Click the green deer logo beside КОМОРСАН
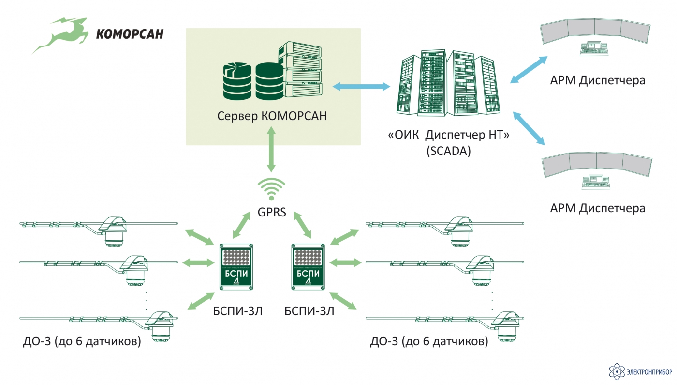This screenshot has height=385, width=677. pos(60,34)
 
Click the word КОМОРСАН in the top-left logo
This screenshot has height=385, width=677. pos(130,34)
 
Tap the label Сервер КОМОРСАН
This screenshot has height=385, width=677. pos(272,116)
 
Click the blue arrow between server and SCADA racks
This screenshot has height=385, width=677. pos(362,87)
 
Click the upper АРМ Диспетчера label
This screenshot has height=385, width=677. pos(597,80)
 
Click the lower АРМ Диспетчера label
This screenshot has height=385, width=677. pos(597,208)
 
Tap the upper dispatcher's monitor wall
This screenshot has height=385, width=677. pos(594,30)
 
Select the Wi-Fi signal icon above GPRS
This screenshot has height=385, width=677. pos(271,189)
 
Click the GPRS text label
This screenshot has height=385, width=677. pos(271,213)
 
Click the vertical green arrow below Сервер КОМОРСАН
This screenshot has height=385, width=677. pos(271,150)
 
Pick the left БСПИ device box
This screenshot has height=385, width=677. pos(235,267)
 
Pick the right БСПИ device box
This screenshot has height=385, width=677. pos(308,267)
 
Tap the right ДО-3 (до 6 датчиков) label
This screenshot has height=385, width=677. pos(429,342)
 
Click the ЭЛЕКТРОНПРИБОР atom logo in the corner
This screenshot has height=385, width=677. pos(617,372)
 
